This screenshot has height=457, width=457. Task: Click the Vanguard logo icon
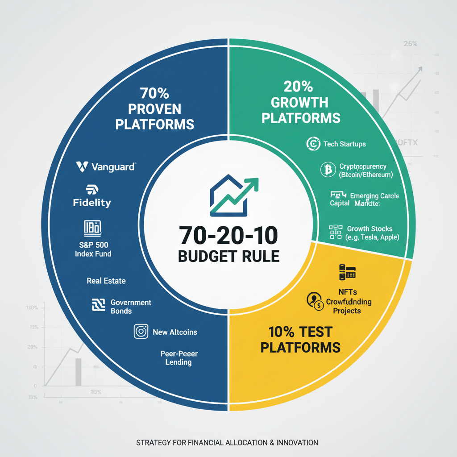82,167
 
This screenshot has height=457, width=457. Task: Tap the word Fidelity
92,203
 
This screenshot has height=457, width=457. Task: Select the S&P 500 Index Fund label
93,249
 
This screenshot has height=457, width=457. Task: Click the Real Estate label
106,281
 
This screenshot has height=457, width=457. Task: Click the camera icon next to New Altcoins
141,332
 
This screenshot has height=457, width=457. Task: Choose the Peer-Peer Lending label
179,357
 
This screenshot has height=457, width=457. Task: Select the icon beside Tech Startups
314,144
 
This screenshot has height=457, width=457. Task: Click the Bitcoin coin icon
328,170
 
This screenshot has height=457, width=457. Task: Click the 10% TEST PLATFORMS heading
300,339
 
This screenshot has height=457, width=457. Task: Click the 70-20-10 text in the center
228,235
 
